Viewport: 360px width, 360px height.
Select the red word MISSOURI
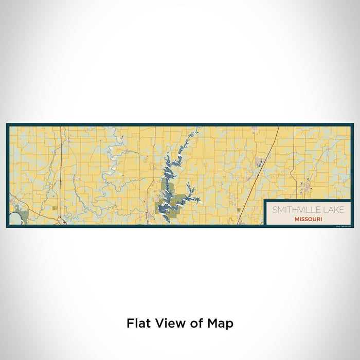(309, 219)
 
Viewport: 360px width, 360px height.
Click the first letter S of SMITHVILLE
(275, 210)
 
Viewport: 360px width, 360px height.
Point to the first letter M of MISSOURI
(297, 219)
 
